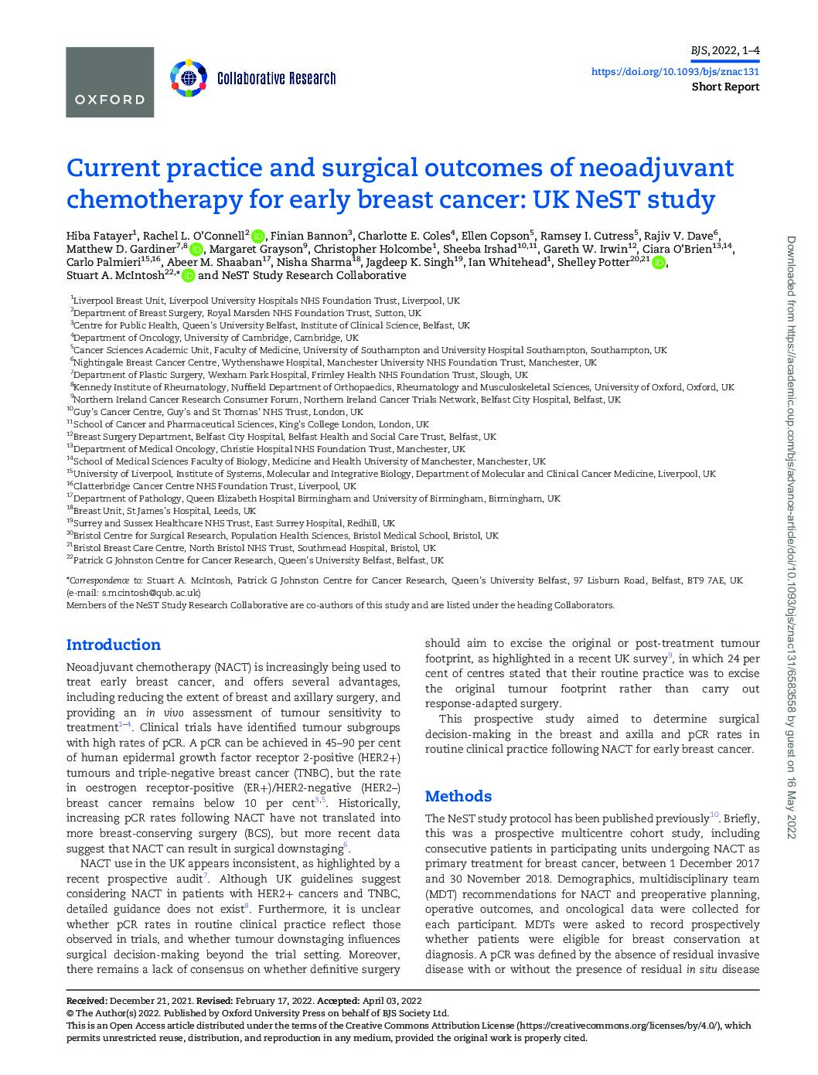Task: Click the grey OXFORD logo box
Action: (x=110, y=82)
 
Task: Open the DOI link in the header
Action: (x=674, y=71)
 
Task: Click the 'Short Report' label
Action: (x=724, y=87)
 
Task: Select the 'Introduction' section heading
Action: (x=114, y=645)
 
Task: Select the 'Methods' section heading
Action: (x=458, y=796)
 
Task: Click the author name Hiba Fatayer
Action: (x=100, y=235)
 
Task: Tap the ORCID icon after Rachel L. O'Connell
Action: (x=258, y=236)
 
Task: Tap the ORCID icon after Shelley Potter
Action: (x=658, y=263)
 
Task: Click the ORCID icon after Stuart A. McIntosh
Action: (x=189, y=276)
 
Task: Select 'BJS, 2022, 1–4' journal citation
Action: (x=724, y=52)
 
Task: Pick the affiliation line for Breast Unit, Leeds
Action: (x=162, y=511)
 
